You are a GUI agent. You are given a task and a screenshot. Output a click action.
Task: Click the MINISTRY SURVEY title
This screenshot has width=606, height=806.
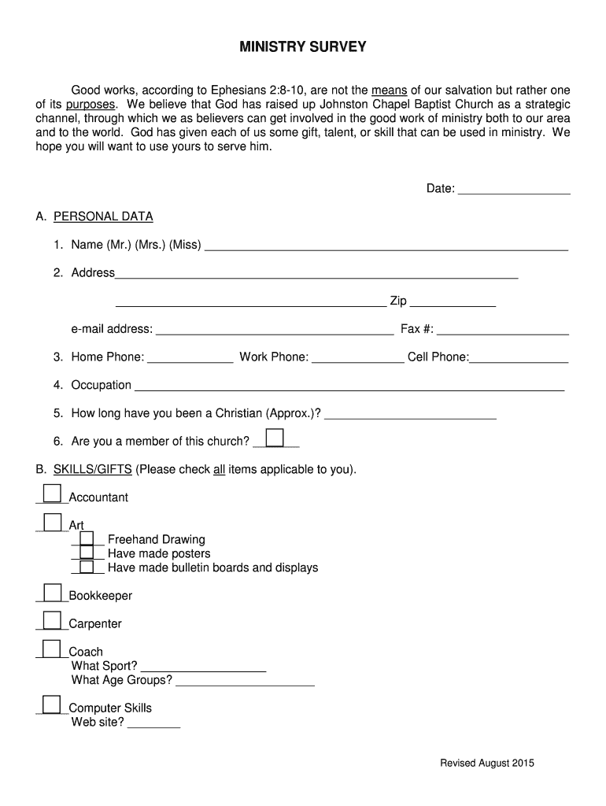click(303, 47)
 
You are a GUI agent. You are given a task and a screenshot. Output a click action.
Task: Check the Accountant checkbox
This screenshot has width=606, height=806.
click(52, 494)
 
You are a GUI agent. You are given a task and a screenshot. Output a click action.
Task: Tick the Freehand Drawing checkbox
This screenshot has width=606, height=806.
click(87, 539)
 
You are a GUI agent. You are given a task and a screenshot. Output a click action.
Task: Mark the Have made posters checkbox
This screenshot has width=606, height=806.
click(87, 553)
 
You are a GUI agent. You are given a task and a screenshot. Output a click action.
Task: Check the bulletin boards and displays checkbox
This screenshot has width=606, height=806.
click(87, 568)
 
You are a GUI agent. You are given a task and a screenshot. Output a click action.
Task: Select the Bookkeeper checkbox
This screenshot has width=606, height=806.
click(52, 593)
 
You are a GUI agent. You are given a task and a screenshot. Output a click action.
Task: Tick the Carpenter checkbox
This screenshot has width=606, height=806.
click(52, 620)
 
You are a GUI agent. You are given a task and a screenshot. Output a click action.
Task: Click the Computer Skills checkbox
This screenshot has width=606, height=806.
click(52, 704)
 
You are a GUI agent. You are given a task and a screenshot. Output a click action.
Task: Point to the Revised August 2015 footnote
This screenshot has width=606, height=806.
click(487, 763)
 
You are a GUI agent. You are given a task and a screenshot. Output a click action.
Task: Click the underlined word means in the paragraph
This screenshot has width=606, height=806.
click(390, 90)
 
